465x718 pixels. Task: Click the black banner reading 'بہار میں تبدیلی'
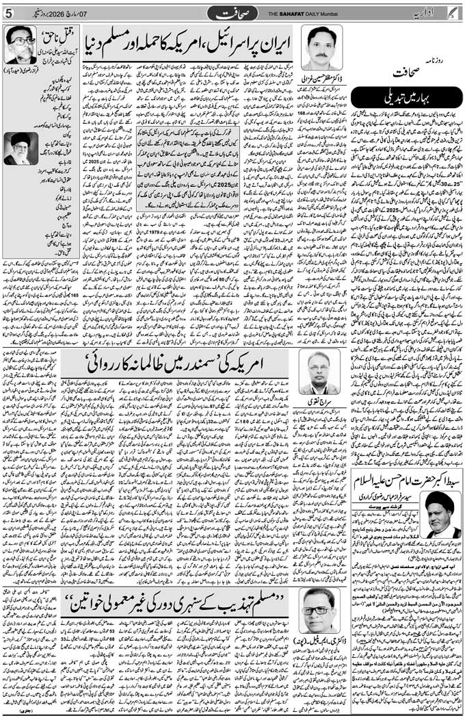coord(408,97)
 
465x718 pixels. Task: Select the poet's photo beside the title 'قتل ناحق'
coord(21,44)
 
